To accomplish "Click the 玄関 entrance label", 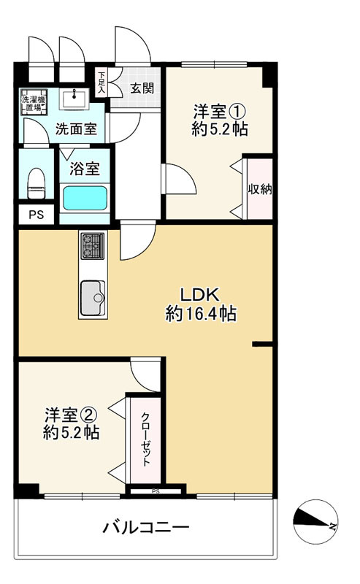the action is tap(142, 88).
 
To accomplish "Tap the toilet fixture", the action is tap(37, 183).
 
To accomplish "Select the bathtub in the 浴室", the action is tap(85, 198).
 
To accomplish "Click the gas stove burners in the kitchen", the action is tap(93, 245).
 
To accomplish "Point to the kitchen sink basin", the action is tap(93, 298).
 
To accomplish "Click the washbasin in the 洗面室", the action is tap(74, 99).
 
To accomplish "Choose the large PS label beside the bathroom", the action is tap(37, 215).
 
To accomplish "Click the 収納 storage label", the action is tap(260, 189).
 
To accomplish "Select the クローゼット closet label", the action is tap(145, 439).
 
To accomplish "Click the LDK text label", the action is tap(199, 295).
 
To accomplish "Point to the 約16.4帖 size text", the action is tap(201, 313).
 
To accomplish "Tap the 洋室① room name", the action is tap(219, 112).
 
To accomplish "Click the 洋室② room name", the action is tap(71, 415).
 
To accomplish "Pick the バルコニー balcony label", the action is tap(146, 527).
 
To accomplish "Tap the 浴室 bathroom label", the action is tap(85, 169).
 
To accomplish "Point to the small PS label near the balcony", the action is tap(156, 491).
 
